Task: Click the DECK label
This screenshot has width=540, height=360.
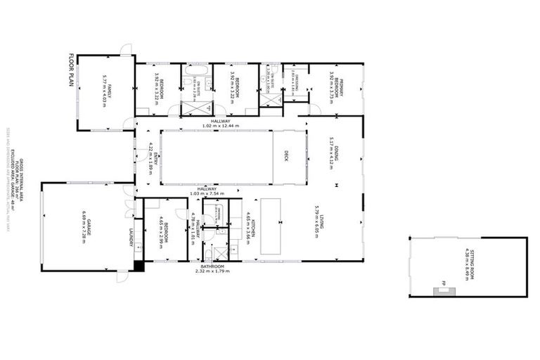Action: point(287,155)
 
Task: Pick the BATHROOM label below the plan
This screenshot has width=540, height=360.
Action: point(212,267)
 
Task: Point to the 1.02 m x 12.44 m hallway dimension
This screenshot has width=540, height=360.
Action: point(221,126)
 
